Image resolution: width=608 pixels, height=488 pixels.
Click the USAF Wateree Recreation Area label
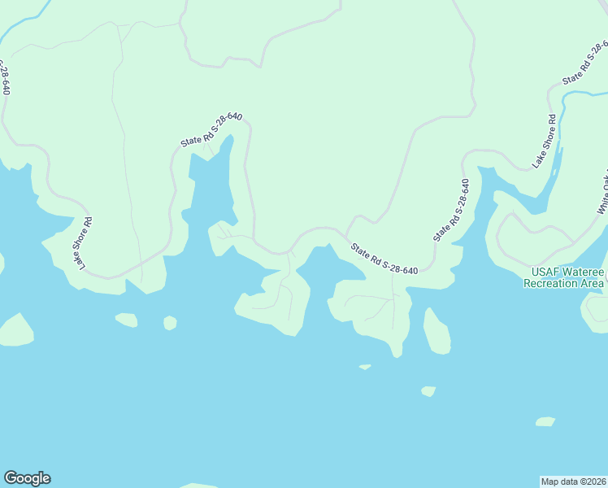[566, 277]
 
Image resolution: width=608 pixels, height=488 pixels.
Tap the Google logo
[27, 478]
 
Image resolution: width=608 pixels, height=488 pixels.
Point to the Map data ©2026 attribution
[573, 481]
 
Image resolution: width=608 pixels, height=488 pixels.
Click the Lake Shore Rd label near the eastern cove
[545, 141]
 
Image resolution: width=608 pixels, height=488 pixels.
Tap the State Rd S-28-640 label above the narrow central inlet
[211, 129]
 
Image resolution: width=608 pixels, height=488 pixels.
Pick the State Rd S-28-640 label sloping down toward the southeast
[384, 258]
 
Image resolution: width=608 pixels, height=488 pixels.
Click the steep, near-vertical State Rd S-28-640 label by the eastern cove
[451, 210]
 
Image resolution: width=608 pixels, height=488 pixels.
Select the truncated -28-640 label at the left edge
[5, 76]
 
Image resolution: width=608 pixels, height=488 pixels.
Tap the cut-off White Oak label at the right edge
[602, 196]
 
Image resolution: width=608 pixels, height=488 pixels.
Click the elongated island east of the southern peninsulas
[436, 331]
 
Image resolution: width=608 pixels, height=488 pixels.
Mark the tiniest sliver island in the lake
[364, 367]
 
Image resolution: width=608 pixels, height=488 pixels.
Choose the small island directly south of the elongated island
[428, 391]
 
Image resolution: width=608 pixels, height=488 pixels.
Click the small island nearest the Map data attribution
[545, 421]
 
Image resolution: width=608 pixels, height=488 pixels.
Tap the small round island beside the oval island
[170, 323]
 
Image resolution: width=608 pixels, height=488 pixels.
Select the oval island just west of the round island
[126, 320]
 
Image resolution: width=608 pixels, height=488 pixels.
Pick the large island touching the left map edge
[15, 330]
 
